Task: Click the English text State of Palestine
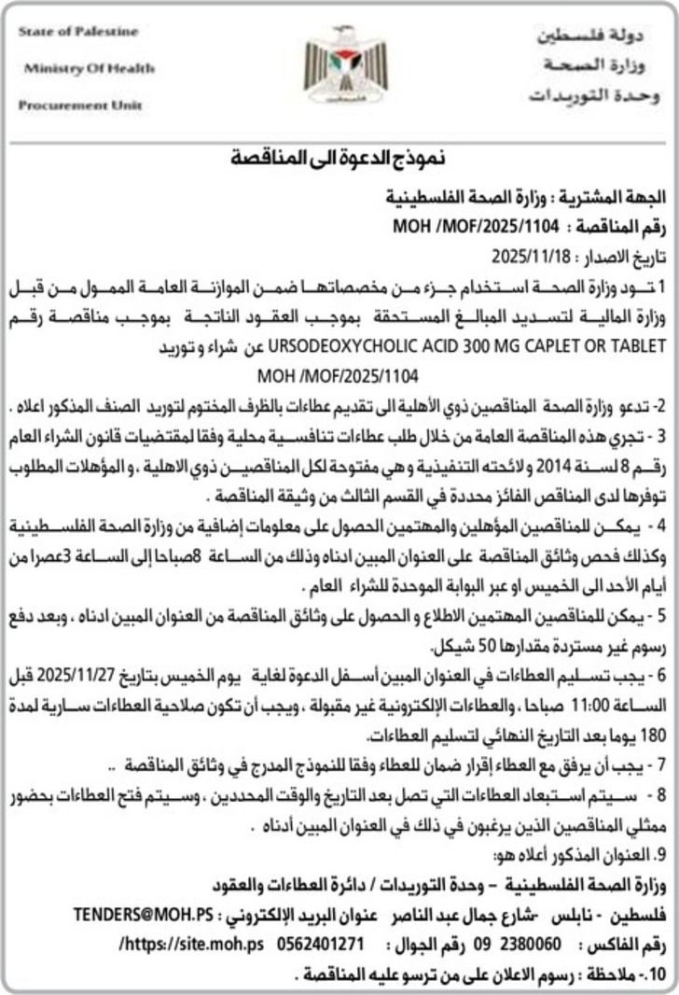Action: pyautogui.click(x=77, y=32)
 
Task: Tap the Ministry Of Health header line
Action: pyautogui.click(x=89, y=68)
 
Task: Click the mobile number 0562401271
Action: pyautogui.click(x=319, y=918)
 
